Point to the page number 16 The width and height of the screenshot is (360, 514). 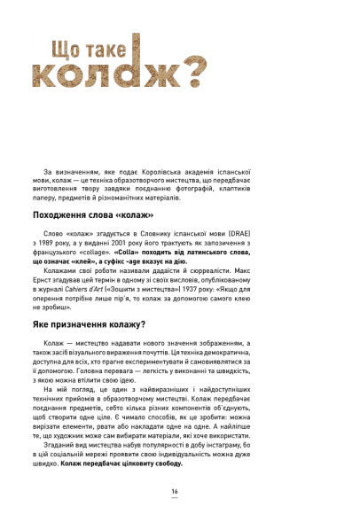point(175,492)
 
